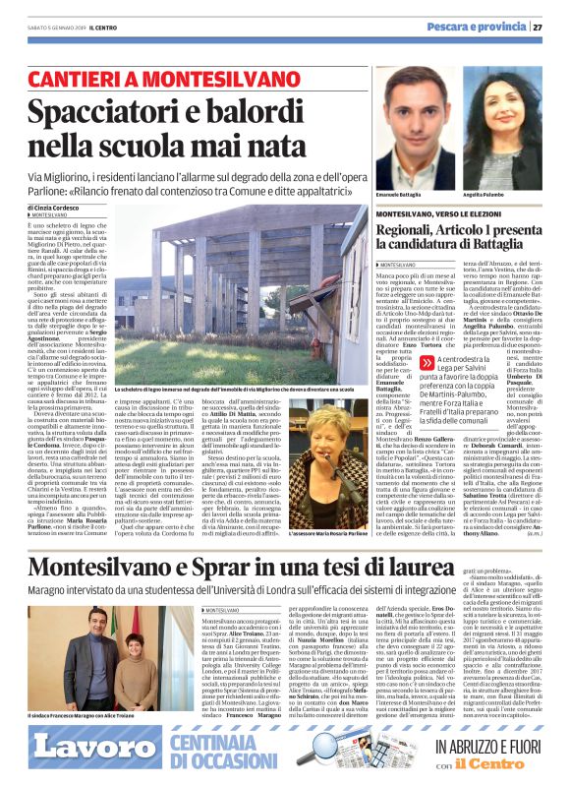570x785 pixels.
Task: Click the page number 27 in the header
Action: (551, 27)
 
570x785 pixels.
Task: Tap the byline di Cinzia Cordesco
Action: (59, 209)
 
